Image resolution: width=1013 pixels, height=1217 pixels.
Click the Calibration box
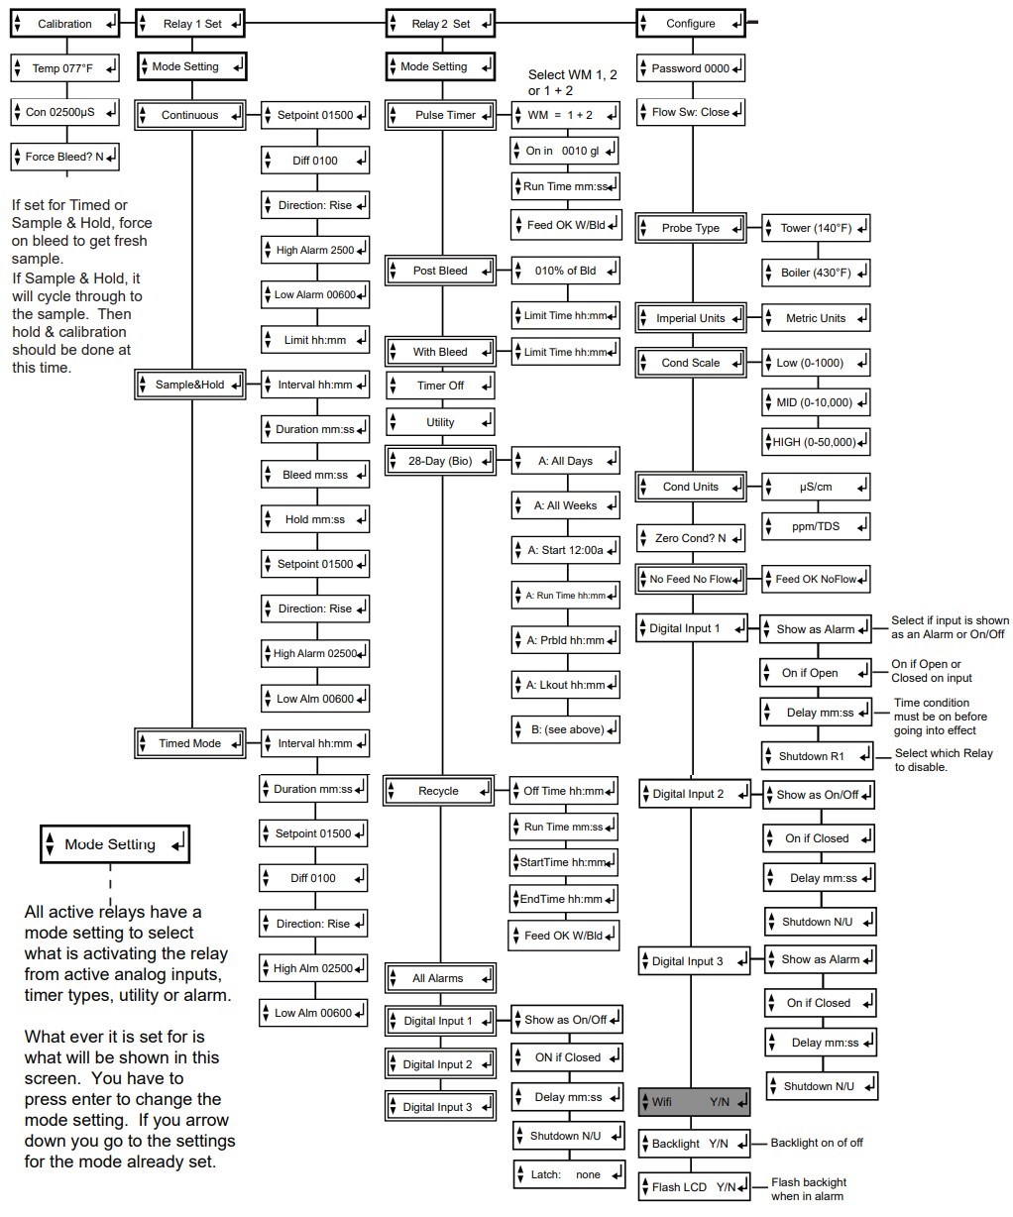point(64,24)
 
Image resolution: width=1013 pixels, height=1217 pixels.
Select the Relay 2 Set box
point(440,24)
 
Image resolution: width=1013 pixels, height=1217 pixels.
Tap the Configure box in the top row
point(690,24)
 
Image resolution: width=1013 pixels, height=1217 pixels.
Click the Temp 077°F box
point(64,68)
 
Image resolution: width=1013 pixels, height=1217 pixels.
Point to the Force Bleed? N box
point(64,157)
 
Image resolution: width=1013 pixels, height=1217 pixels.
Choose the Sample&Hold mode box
point(189,385)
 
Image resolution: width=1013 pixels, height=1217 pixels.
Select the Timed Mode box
point(189,743)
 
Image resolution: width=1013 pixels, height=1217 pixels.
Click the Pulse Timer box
point(440,115)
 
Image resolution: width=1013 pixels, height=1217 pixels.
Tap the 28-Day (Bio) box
point(440,461)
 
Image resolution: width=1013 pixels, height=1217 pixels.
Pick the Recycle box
point(438,791)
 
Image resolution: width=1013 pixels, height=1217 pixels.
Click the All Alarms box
point(440,978)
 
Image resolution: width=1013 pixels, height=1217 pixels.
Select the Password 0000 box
point(690,68)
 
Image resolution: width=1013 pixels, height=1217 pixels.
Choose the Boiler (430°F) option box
point(816,273)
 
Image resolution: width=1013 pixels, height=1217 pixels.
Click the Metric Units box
point(816,318)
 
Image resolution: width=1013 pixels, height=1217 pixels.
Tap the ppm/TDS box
point(816,526)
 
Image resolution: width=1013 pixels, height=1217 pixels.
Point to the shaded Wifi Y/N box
point(694,1101)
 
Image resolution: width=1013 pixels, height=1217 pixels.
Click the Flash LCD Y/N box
point(694,1186)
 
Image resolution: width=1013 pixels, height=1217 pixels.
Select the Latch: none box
point(569,1174)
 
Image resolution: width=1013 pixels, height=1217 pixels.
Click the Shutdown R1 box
point(817,756)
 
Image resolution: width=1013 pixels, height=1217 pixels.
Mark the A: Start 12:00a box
point(565,550)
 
